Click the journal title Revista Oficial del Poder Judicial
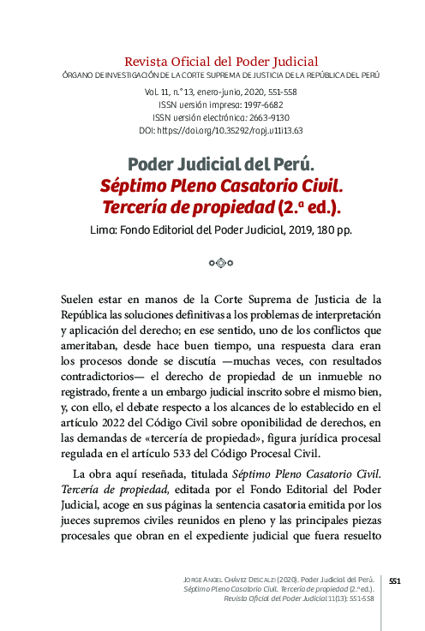point(221,62)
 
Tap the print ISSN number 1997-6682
point(242,104)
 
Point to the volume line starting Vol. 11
point(221,90)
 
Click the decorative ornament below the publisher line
point(220,263)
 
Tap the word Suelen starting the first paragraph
point(82,301)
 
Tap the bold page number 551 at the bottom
point(395,580)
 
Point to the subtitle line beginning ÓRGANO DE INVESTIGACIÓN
point(221,75)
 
